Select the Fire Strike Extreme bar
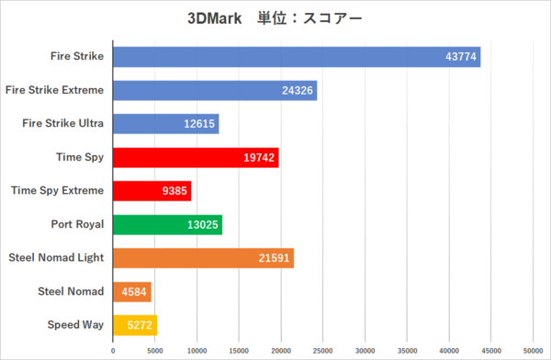pos(214,90)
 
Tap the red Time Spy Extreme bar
pos(152,191)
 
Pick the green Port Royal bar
pos(167,224)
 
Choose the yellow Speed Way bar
pos(135,325)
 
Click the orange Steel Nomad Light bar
pos(203,258)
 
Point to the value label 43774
pos(459,57)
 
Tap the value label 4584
pos(131,292)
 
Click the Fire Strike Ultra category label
pos(64,123)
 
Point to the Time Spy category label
pos(79,157)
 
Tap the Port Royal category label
pos(77,224)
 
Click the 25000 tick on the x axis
pos(323,350)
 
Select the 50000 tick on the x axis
pos(534,350)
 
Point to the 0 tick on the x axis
pos(113,350)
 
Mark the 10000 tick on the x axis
pos(197,350)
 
